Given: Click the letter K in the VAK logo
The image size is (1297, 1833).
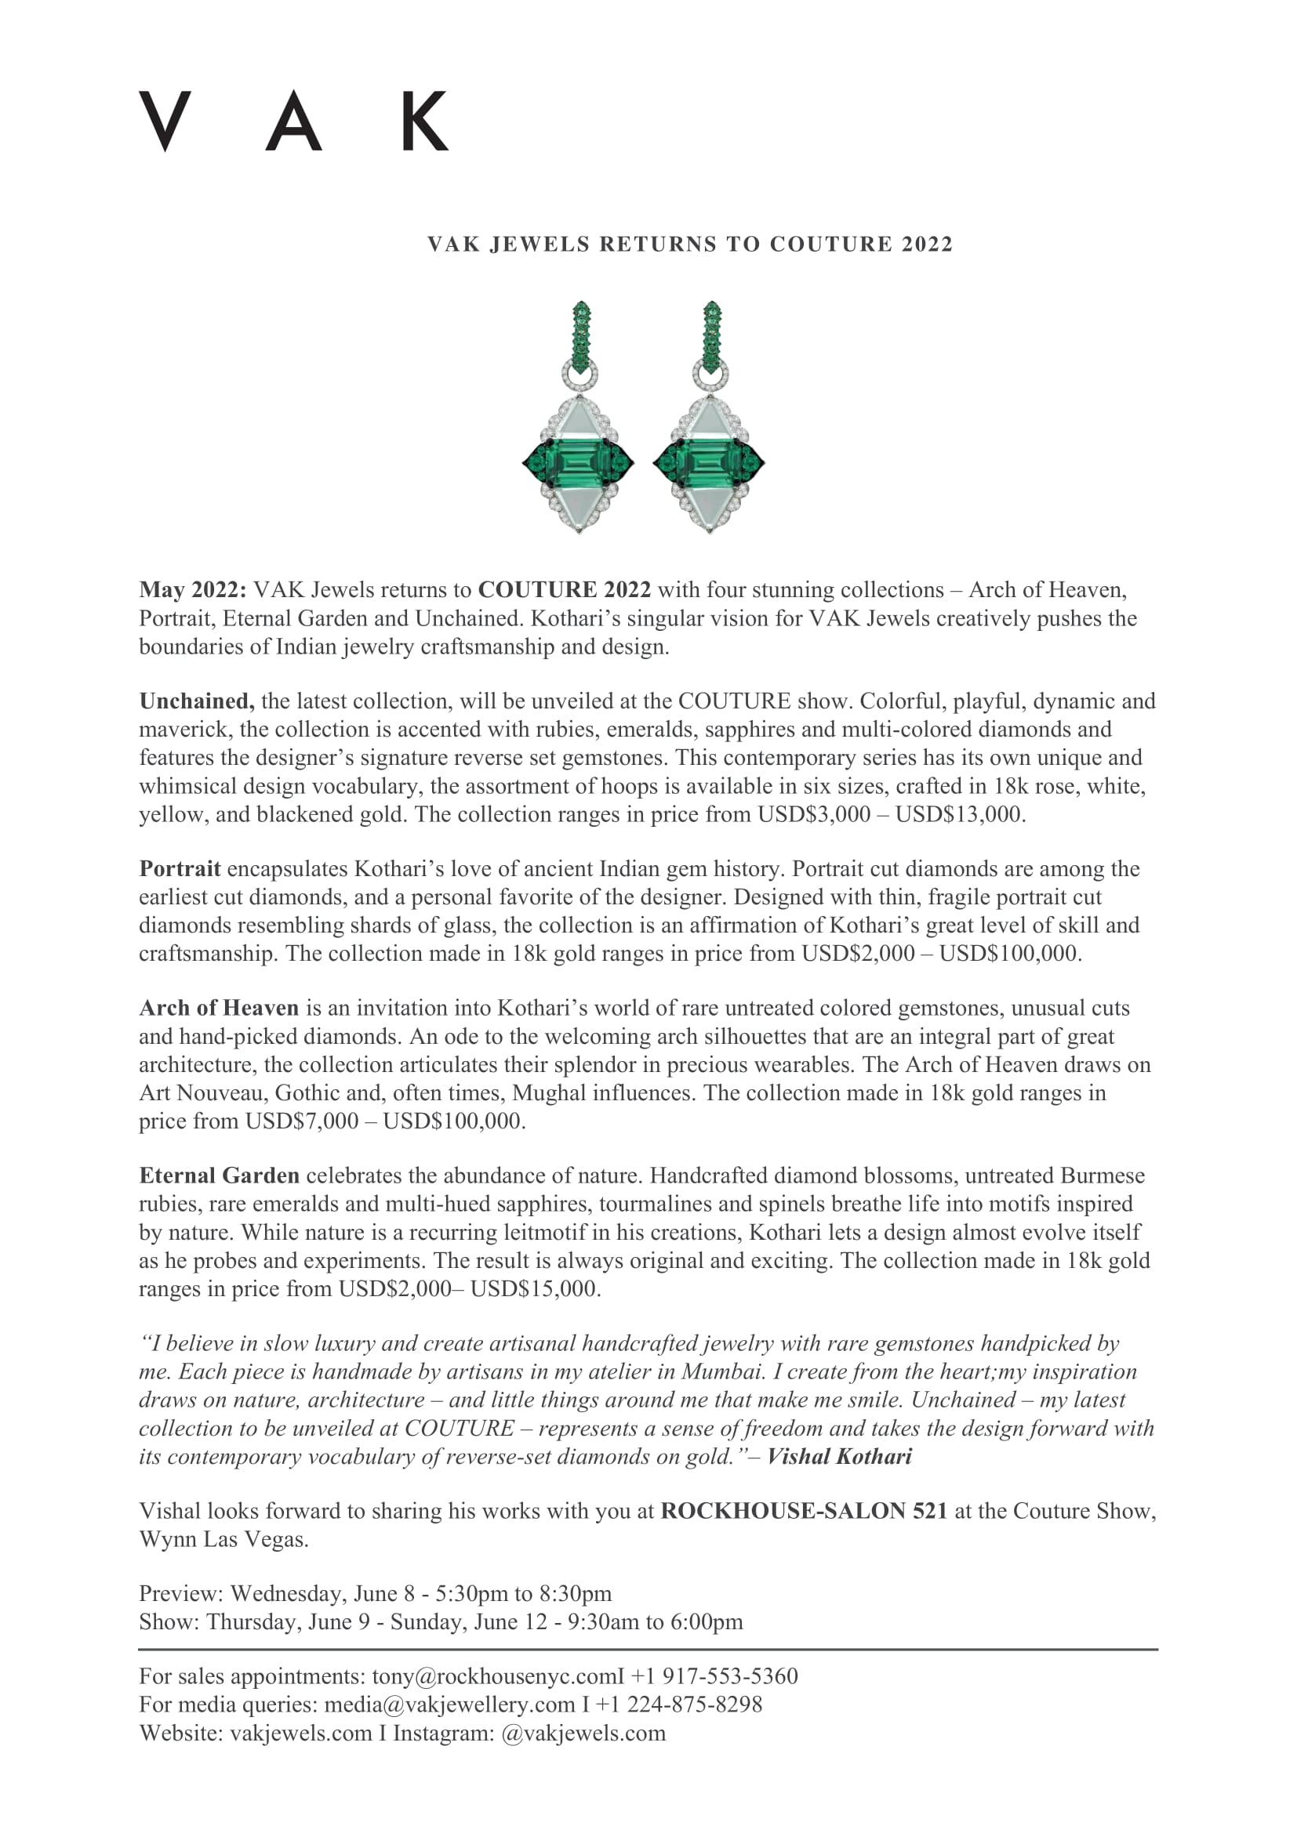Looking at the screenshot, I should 424,121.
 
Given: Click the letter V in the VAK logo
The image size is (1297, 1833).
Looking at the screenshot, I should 165,121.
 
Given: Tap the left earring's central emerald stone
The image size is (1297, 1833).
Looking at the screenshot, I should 578,462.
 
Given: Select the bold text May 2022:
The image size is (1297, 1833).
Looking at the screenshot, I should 192,590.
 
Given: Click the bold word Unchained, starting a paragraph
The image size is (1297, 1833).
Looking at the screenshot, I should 197,701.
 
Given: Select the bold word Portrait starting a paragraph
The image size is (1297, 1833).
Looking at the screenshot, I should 180,868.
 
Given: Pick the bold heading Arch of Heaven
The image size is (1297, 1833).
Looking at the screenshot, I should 218,1009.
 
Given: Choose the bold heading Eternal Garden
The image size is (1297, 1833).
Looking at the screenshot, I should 219,1176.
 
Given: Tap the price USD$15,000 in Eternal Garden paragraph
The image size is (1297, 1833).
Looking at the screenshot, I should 533,1288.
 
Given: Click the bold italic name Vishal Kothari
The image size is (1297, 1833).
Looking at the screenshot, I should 838,1456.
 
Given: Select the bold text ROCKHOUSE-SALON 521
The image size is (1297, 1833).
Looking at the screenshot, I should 804,1510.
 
